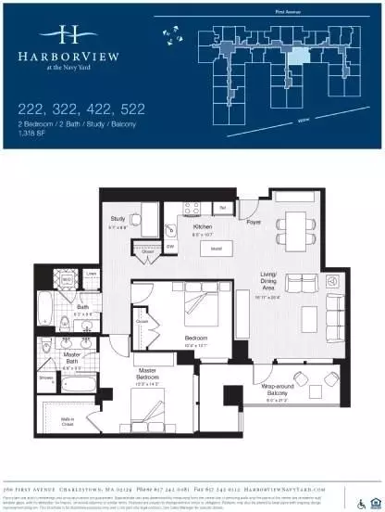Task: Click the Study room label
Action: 116,218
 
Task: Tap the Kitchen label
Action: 204,226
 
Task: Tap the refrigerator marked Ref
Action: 223,207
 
